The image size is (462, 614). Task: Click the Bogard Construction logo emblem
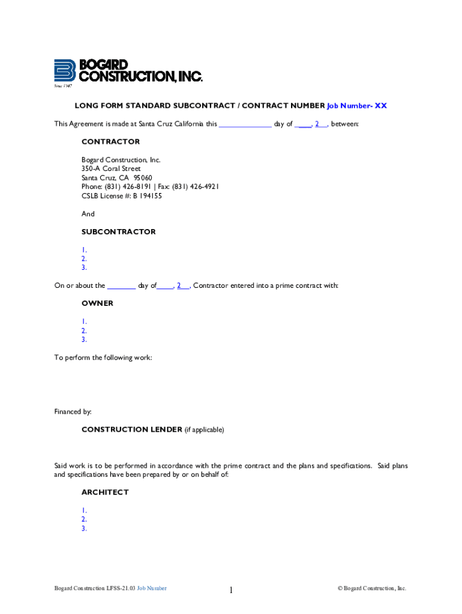[64, 70]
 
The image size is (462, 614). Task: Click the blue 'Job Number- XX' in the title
[357, 106]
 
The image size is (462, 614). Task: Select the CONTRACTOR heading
[110, 142]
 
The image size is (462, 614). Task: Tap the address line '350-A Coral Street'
[111, 168]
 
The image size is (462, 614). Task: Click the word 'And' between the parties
[88, 213]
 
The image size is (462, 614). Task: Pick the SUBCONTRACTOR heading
[118, 231]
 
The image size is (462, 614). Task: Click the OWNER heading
[97, 303]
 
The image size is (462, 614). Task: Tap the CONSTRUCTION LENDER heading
[131, 429]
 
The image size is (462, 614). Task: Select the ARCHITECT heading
[105, 492]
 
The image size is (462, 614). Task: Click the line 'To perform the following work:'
[103, 357]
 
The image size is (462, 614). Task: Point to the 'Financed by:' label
[73, 411]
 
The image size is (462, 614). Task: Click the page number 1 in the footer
[230, 591]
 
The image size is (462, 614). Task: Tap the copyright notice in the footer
[371, 588]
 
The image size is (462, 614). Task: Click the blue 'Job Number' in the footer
[152, 588]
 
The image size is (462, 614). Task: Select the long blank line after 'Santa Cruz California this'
[245, 124]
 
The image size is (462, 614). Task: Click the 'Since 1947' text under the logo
[63, 86]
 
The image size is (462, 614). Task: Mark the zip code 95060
[143, 177]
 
